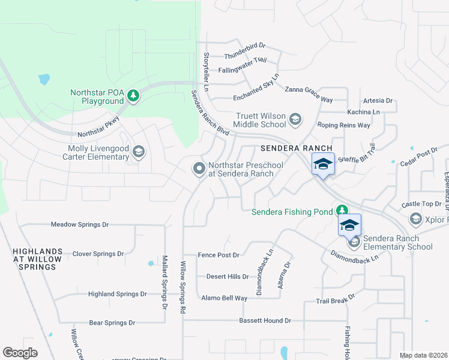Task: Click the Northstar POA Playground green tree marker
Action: (133, 96)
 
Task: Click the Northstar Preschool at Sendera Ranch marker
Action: (199, 169)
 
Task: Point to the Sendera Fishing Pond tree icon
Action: (342, 211)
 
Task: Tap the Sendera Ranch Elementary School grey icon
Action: (354, 242)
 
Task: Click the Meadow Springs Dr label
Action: (79, 224)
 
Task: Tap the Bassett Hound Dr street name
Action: (265, 320)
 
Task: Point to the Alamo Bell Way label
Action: (224, 298)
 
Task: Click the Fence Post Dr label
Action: (218, 254)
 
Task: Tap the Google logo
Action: (20, 353)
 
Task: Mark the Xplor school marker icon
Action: (415, 219)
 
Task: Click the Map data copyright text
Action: (423, 355)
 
